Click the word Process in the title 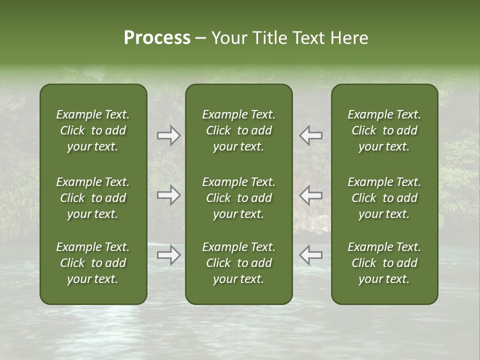tap(157, 38)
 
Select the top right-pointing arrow tap(168, 135)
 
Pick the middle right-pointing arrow tap(168, 195)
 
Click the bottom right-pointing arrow tap(168, 254)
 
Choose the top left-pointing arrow tap(310, 135)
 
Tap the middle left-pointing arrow tap(310, 195)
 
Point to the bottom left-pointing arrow tap(310, 254)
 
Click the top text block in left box tap(93, 130)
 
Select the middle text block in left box tap(93, 198)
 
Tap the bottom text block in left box tap(93, 263)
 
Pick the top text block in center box tap(238, 130)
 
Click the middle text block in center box tap(238, 198)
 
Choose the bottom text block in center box tap(238, 263)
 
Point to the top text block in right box tap(384, 130)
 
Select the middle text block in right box tap(384, 198)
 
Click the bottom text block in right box tap(384, 263)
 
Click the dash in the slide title tap(200, 38)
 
